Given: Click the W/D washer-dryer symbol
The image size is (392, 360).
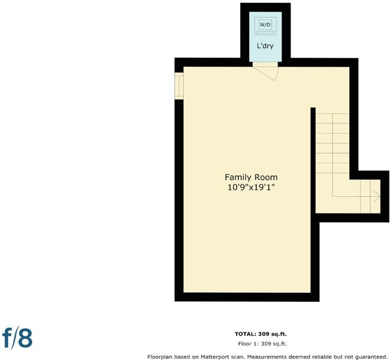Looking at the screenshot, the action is pyautogui.click(x=265, y=26).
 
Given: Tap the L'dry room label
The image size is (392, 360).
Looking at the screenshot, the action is pyautogui.click(x=265, y=46).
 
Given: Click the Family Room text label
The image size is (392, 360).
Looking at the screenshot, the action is pyautogui.click(x=251, y=178).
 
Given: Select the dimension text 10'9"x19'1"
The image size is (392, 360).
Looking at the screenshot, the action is pyautogui.click(x=252, y=187).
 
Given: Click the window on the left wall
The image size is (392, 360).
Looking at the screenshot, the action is pyautogui.click(x=179, y=86).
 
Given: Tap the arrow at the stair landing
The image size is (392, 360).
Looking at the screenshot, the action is pyautogui.click(x=377, y=196).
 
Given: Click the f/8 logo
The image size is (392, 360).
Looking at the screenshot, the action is pyautogui.click(x=17, y=338).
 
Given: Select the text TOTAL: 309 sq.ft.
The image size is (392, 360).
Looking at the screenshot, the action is pyautogui.click(x=261, y=334).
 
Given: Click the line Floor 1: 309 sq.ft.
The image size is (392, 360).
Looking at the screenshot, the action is pyautogui.click(x=262, y=344).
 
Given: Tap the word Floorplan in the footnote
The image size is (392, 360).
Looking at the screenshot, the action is pyautogui.click(x=159, y=357).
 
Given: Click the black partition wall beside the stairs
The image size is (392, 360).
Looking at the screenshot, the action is pyautogui.click(x=313, y=160).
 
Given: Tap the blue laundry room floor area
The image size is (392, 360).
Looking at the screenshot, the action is pyautogui.click(x=265, y=54).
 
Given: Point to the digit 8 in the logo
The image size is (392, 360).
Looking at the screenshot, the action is pyautogui.click(x=25, y=338).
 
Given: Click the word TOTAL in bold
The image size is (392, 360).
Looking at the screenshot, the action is pyautogui.click(x=246, y=334).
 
